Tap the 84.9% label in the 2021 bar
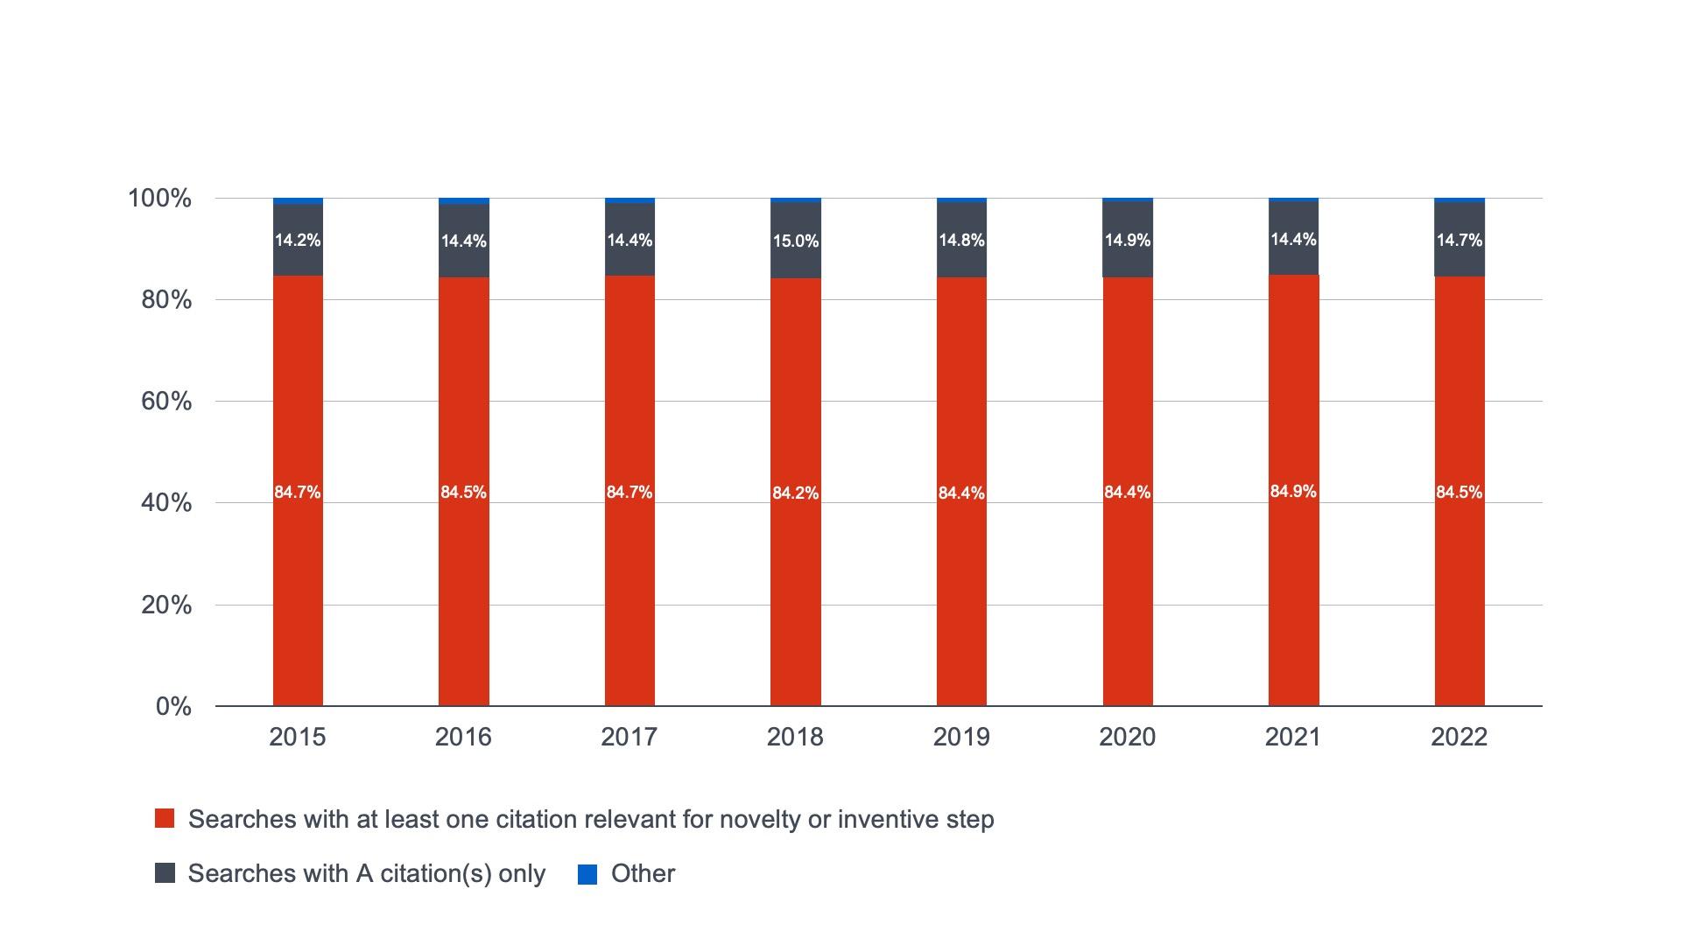(x=1293, y=492)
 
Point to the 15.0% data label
(x=795, y=241)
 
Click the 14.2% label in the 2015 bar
(x=298, y=240)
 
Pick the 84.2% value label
(x=795, y=493)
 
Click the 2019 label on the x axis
(x=961, y=737)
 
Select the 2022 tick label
(x=1459, y=737)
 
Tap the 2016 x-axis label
(x=463, y=737)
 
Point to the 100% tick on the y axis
(x=159, y=199)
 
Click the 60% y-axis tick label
(x=166, y=402)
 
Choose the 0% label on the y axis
(x=173, y=706)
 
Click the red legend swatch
(x=165, y=819)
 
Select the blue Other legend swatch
(x=587, y=874)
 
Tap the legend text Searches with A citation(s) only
(x=366, y=873)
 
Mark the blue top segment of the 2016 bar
(x=464, y=201)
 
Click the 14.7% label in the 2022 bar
(x=1459, y=240)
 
